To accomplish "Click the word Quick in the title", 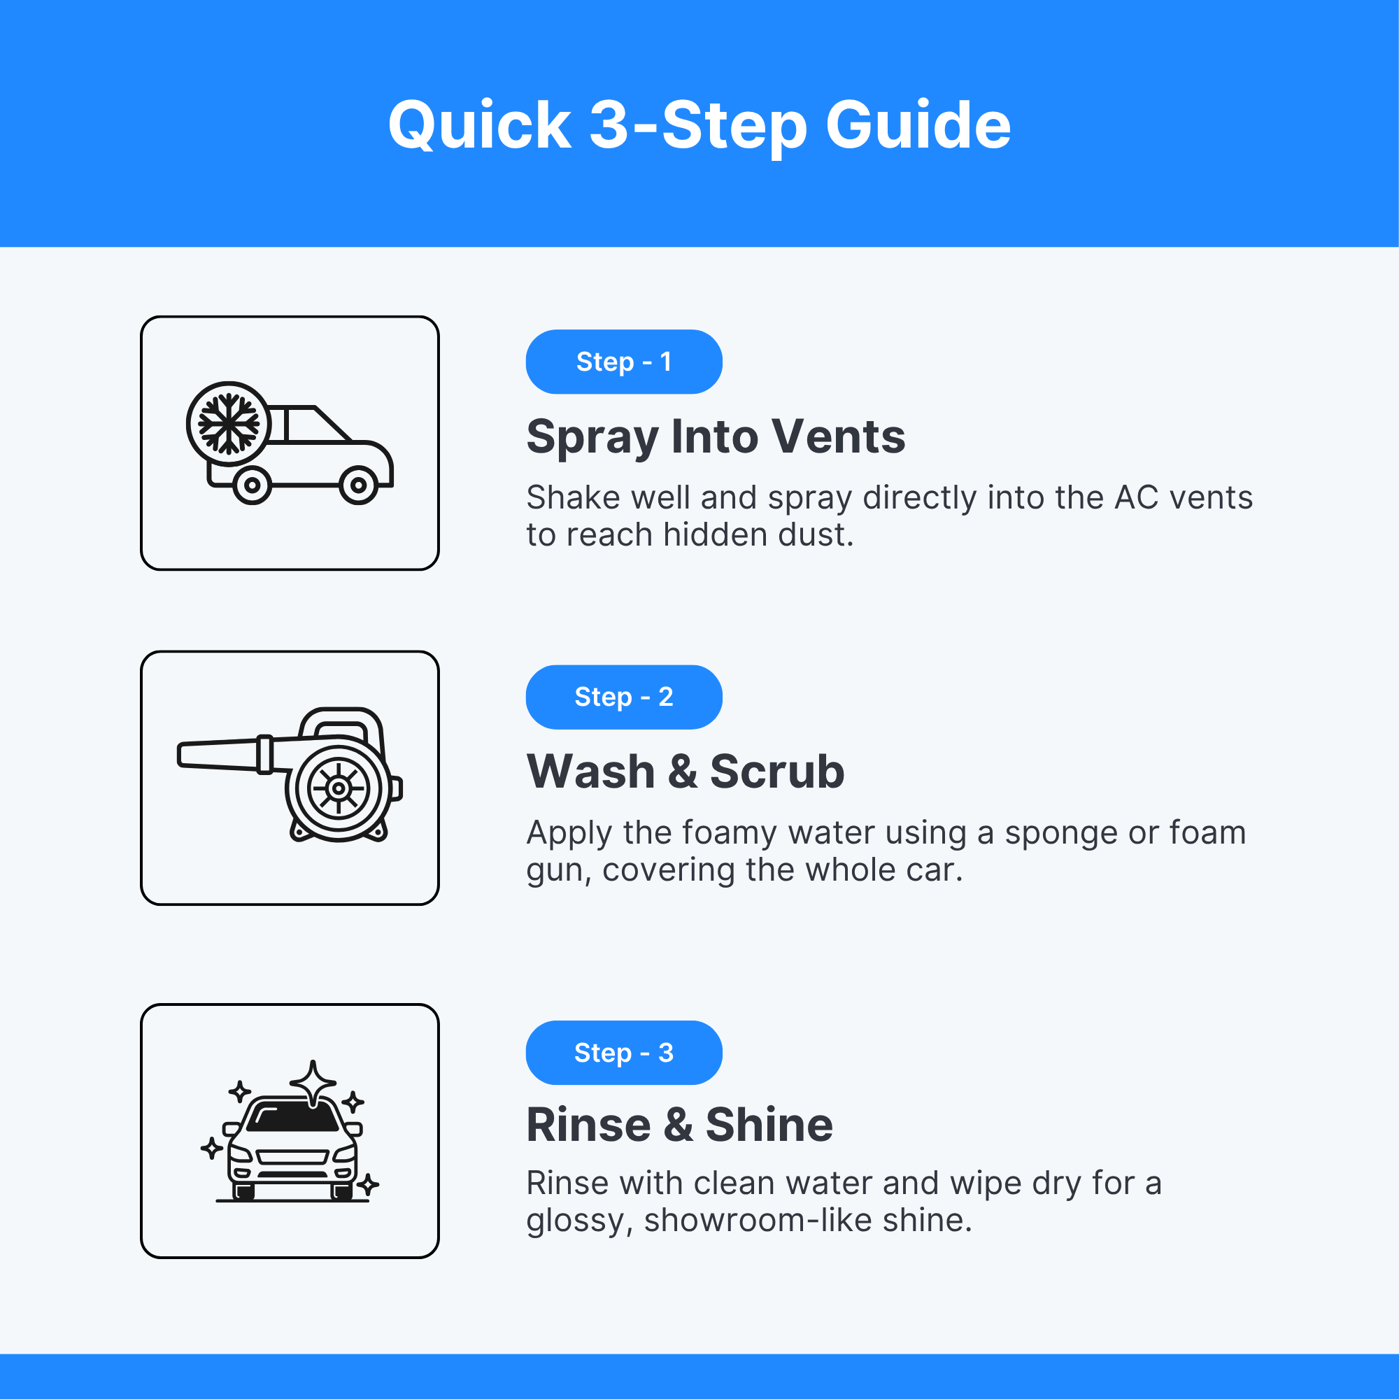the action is point(480,126).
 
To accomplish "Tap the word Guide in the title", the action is point(918,125).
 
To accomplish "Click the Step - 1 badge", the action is point(623,362).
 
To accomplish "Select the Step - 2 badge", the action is point(623,697).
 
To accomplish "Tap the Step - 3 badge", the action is point(623,1052).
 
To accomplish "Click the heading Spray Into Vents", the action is point(716,437).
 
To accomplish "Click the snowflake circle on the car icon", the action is point(229,424).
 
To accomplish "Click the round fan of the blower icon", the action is point(338,788).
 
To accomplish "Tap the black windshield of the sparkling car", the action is point(292,1117).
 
